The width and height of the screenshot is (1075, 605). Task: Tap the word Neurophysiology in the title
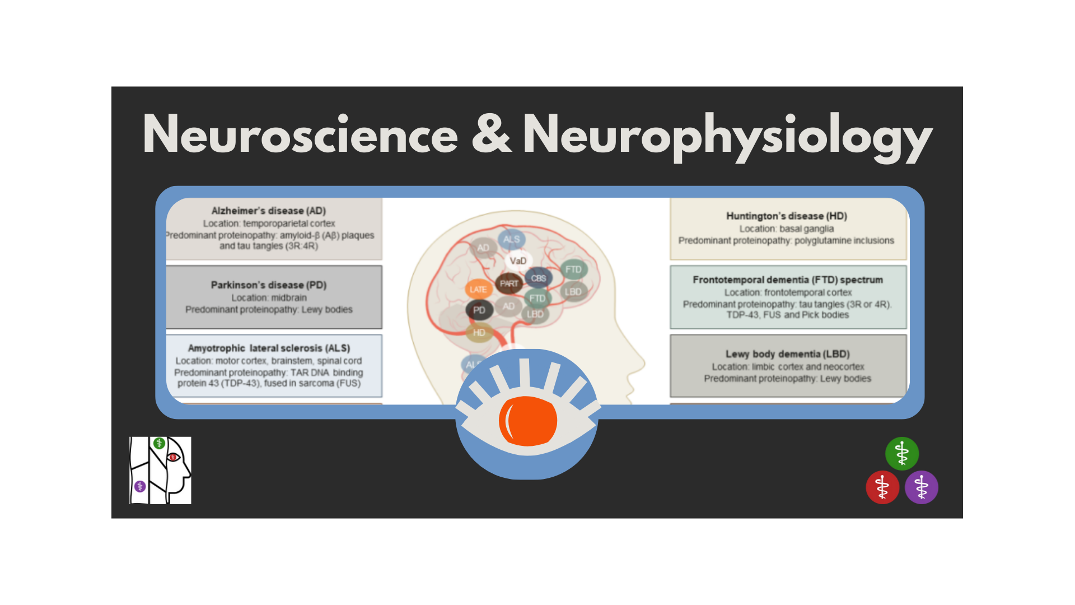(x=727, y=136)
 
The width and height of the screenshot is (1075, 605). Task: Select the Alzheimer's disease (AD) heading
(x=268, y=211)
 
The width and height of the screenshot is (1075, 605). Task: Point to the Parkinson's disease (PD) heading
(x=268, y=285)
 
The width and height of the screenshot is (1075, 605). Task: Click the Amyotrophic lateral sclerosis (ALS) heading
(x=269, y=348)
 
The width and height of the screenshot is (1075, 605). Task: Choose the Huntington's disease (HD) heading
(x=786, y=216)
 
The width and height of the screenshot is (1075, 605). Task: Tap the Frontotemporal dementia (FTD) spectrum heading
(x=787, y=280)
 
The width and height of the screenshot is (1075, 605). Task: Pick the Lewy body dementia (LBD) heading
(x=787, y=354)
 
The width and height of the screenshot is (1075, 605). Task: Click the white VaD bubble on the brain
(x=518, y=261)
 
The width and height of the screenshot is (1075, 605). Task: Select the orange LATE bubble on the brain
(x=478, y=290)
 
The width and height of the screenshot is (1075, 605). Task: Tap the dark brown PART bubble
(x=509, y=283)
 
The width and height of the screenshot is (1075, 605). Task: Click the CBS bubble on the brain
(x=538, y=278)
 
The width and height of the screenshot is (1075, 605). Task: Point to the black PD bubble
(x=479, y=310)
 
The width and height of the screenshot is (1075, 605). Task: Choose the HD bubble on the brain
(x=479, y=333)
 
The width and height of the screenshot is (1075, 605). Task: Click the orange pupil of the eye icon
(x=527, y=421)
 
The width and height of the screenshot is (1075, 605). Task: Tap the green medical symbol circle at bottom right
(x=901, y=453)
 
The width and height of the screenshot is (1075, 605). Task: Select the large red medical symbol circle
(x=882, y=487)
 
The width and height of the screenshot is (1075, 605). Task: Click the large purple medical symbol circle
(x=921, y=487)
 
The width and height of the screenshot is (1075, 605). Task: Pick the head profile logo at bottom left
(x=160, y=471)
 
